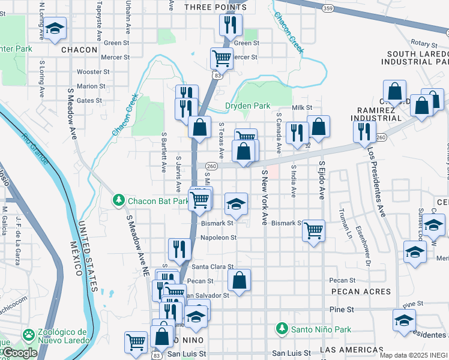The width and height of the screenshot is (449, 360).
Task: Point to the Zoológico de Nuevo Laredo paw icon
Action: click(x=28, y=334)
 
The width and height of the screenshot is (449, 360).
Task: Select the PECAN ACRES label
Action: click(x=360, y=292)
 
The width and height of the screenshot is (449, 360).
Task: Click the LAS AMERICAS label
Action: click(x=352, y=350)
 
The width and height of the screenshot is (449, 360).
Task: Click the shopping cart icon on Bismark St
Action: click(x=314, y=229)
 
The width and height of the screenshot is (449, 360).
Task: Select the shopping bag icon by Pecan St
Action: click(x=239, y=279)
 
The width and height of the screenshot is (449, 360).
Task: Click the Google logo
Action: click(x=20, y=353)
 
